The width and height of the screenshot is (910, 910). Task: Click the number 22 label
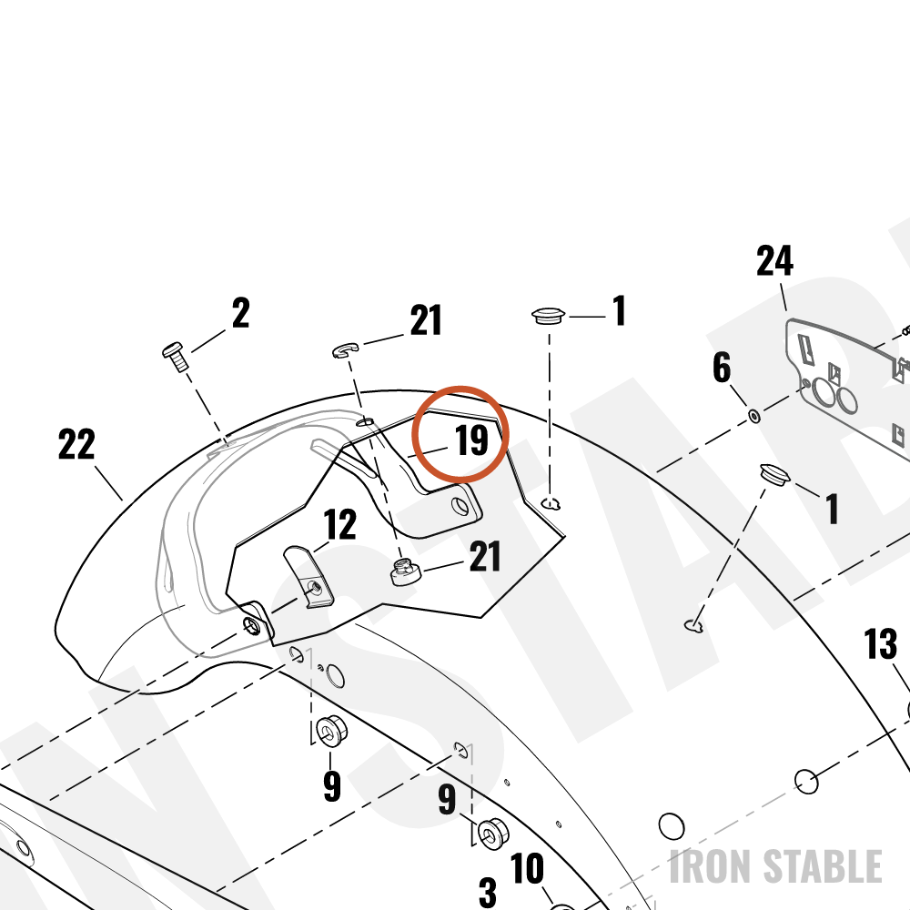click(x=76, y=445)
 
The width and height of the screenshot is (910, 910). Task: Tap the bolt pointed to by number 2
click(x=175, y=357)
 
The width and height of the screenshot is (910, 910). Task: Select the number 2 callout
click(x=241, y=313)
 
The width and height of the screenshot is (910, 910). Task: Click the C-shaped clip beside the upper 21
click(x=345, y=350)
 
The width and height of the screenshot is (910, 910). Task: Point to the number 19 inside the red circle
click(x=471, y=440)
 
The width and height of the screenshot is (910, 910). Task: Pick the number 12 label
click(x=340, y=524)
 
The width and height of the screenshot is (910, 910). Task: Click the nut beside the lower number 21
click(x=405, y=571)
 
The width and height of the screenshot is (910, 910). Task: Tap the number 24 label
click(x=774, y=260)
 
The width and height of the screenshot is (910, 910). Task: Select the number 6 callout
click(x=722, y=368)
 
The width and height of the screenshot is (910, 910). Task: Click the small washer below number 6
click(x=754, y=416)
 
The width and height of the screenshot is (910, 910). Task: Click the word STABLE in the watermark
click(x=823, y=866)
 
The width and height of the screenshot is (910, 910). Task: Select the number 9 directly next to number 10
click(x=447, y=799)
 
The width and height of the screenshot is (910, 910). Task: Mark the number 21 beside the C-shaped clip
click(x=426, y=319)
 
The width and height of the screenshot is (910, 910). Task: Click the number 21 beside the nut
click(x=485, y=557)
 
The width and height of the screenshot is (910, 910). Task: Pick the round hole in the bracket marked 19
click(x=460, y=507)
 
